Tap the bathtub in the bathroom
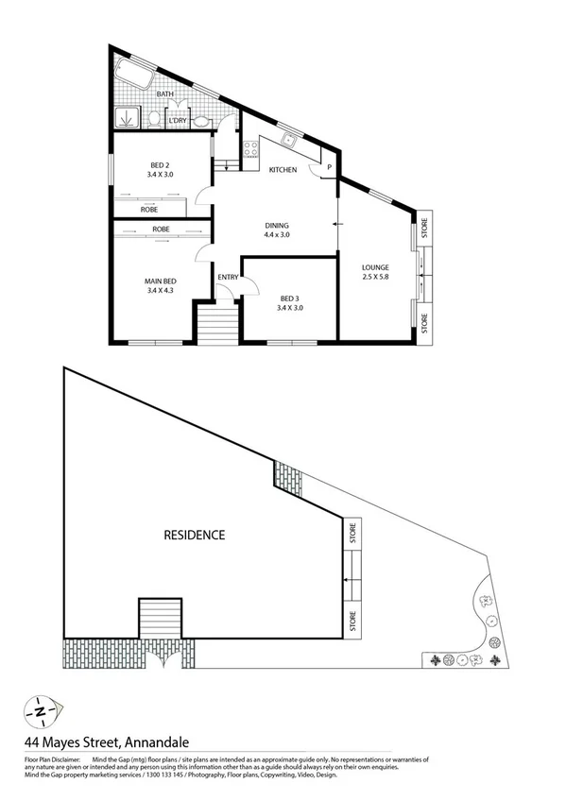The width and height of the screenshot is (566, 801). [133, 77]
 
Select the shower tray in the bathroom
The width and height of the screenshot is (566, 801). [126, 119]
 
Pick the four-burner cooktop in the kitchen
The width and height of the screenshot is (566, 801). [250, 149]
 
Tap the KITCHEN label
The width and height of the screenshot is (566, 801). [283, 170]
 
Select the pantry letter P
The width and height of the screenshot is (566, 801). [329, 167]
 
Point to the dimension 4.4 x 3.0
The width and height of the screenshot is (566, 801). [276, 234]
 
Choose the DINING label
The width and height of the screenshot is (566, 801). [276, 225]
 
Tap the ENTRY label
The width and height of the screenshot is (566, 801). [228, 277]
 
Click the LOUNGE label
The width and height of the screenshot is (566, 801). [375, 267]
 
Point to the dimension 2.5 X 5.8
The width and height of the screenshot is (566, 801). [375, 278]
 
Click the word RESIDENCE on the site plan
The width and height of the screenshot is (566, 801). [195, 535]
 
